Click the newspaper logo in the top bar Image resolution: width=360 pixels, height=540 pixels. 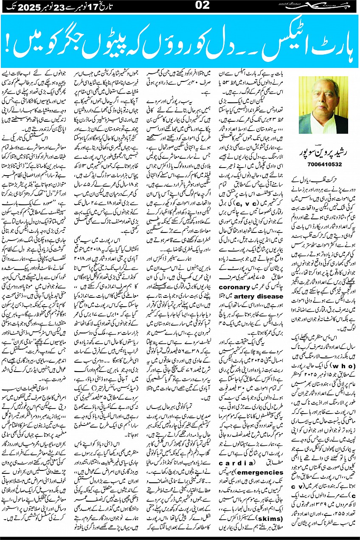(330, 6)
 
